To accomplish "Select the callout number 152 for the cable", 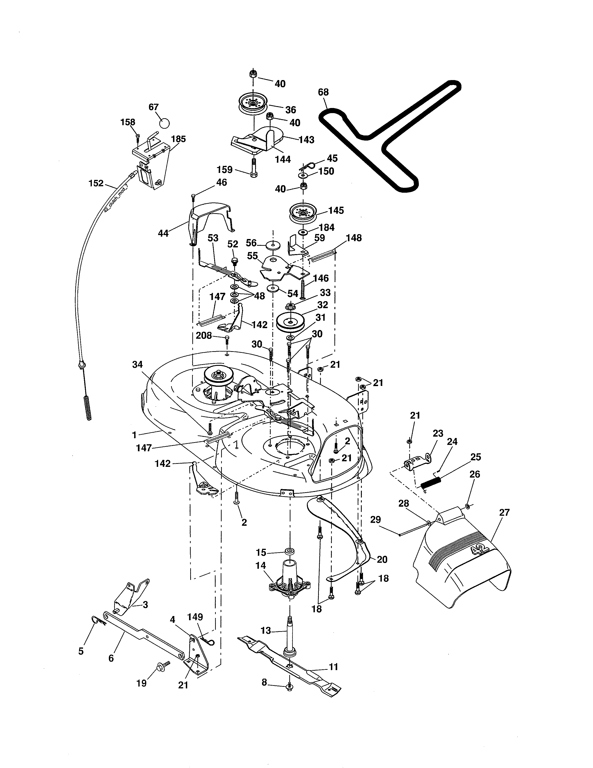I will (96, 183).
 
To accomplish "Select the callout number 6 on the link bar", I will (111, 658).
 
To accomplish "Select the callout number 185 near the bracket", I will (178, 139).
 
